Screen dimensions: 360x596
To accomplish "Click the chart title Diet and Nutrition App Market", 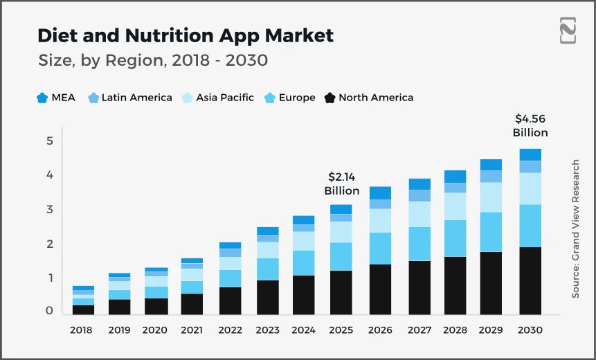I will pyautogui.click(x=185, y=35).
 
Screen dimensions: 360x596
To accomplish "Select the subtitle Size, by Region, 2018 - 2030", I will pyautogui.click(x=153, y=61).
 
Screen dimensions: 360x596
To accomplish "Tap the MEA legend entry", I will pyautogui.click(x=56, y=98).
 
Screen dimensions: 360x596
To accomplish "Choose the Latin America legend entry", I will pyautogui.click(x=129, y=98).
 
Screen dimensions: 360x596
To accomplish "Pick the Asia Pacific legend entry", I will pyautogui.click(x=217, y=98).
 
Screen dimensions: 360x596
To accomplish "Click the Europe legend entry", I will pyautogui.click(x=289, y=98).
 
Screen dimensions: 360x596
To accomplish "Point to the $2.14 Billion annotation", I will pyautogui.click(x=342, y=183).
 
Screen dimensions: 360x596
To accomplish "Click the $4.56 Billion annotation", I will pyautogui.click(x=530, y=125).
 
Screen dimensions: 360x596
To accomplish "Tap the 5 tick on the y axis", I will pyautogui.click(x=49, y=141).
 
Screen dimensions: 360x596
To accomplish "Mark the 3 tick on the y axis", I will pyautogui.click(x=49, y=210).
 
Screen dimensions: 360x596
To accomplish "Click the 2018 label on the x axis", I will pyautogui.click(x=81, y=330).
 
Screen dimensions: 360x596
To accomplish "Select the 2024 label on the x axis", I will pyautogui.click(x=302, y=330).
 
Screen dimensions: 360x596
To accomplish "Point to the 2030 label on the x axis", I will pyautogui.click(x=530, y=330).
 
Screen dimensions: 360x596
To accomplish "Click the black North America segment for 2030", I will pyautogui.click(x=530, y=280).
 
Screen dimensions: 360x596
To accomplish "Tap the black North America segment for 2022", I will pyautogui.click(x=231, y=300).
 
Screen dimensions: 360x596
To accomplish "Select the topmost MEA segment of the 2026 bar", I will pyautogui.click(x=380, y=192).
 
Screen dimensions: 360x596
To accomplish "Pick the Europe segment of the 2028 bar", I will pyautogui.click(x=455, y=238).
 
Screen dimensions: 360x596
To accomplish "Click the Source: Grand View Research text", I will pyautogui.click(x=575, y=229).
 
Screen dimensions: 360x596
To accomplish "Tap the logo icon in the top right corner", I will pyautogui.click(x=568, y=32).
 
